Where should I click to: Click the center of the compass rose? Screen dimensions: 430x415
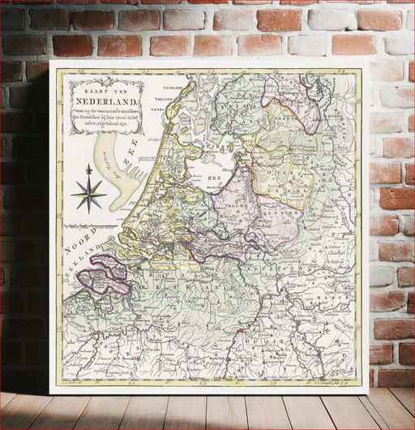coord(89,194)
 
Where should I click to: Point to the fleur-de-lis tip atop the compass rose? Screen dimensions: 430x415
coord(89,169)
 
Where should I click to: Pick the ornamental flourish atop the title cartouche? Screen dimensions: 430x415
coord(105,79)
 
